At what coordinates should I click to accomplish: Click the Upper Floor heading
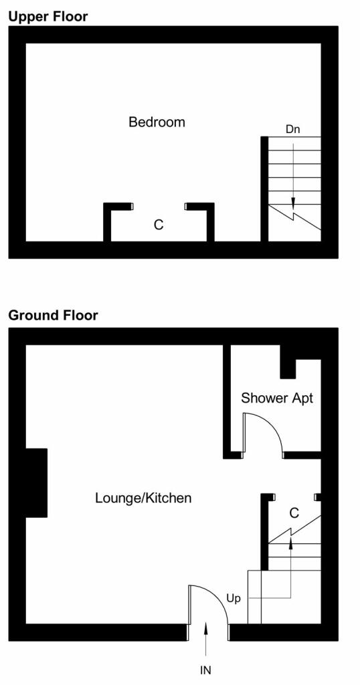[48, 16]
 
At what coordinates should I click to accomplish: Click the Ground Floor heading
[53, 315]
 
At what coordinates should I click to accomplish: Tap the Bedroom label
[157, 122]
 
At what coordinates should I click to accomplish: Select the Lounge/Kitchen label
[143, 498]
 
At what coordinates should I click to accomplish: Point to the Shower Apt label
[277, 398]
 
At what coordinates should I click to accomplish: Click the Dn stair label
[292, 129]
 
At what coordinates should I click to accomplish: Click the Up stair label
[234, 599]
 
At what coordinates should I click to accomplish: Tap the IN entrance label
[206, 670]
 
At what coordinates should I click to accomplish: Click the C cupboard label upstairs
[159, 225]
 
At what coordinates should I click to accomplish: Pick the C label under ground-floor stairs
[293, 513]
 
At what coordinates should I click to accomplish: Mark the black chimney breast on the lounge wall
[36, 482]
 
